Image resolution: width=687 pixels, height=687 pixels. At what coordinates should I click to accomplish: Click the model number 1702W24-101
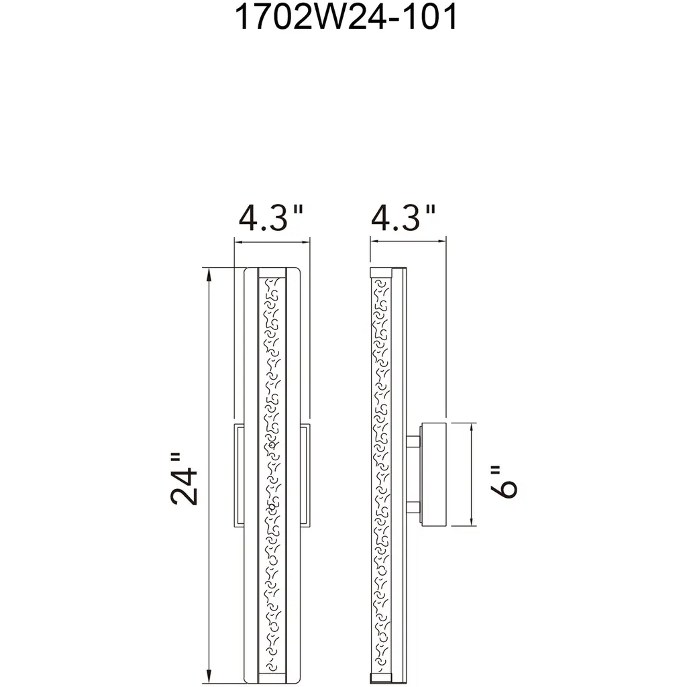tap(346, 17)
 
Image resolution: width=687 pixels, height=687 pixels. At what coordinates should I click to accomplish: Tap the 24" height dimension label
tap(183, 479)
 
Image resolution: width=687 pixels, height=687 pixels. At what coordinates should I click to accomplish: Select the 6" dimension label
tap(504, 482)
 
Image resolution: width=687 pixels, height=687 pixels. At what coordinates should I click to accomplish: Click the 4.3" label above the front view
tap(271, 217)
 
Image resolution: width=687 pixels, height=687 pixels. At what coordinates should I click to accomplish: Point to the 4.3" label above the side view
tap(403, 217)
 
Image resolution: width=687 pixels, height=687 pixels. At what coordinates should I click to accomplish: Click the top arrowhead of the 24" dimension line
tap(209, 274)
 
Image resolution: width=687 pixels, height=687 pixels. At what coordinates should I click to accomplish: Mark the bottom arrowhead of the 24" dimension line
tap(209, 676)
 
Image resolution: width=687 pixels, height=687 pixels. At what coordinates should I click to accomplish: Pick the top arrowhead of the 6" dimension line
tap(472, 429)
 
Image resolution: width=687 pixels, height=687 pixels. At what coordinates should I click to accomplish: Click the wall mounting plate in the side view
tap(434, 474)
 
